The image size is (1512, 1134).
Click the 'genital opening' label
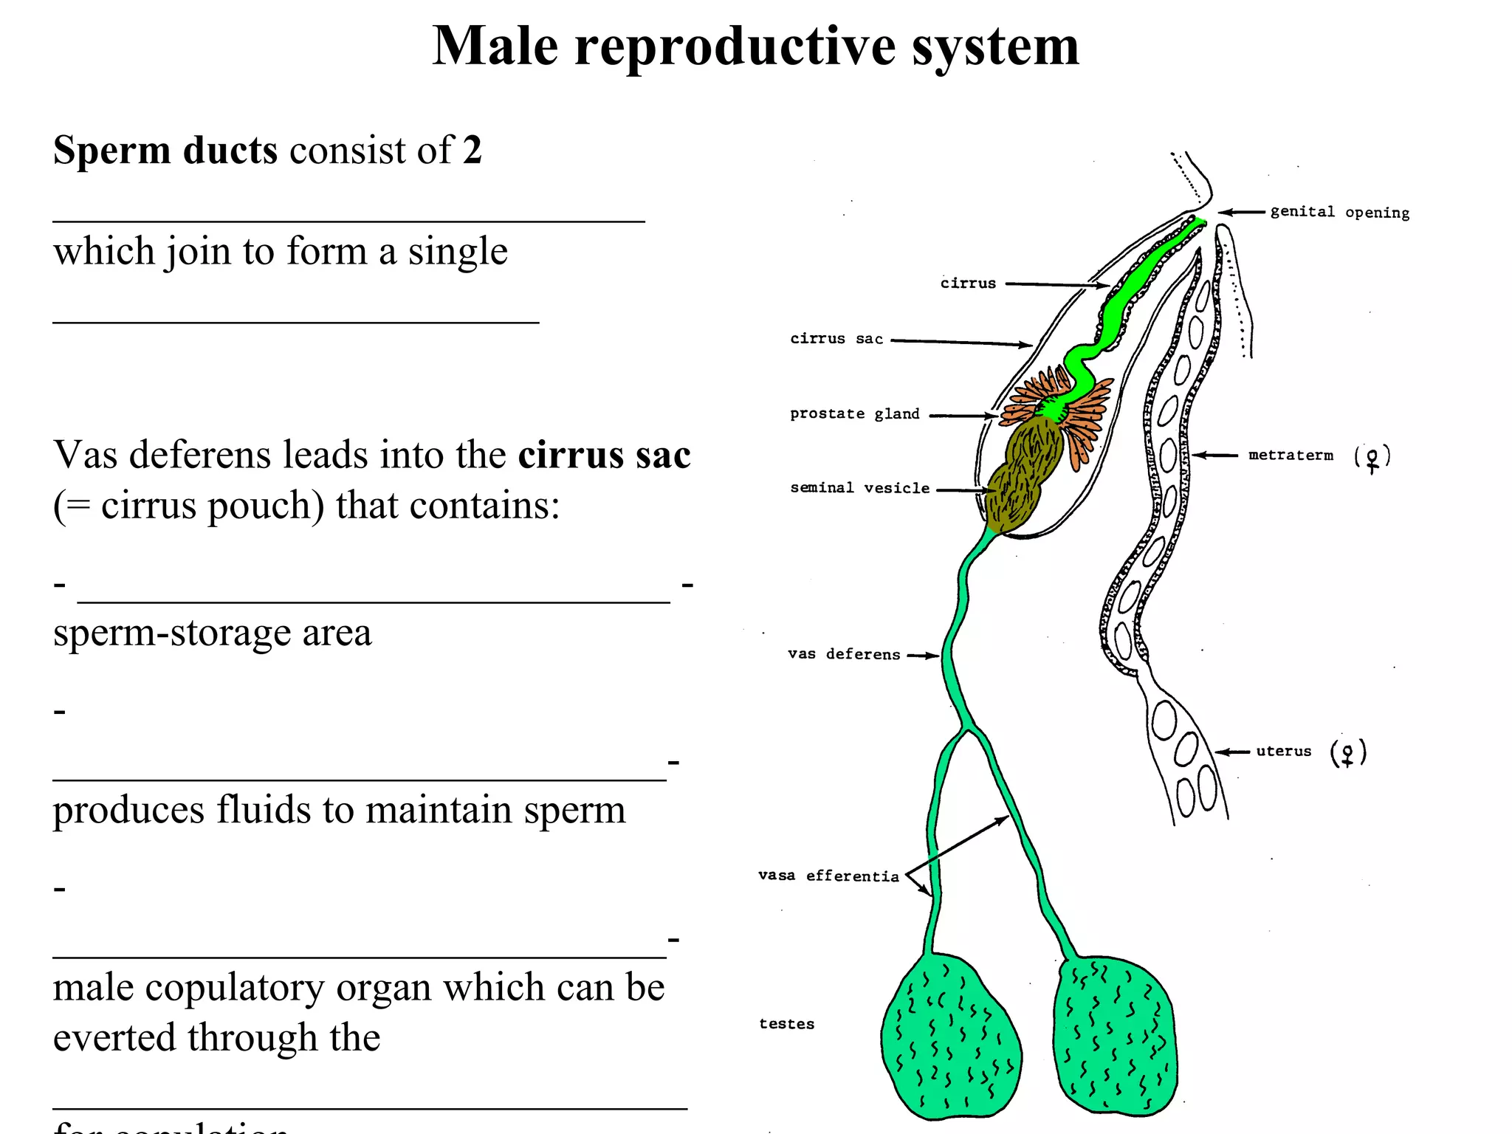pos(1339,213)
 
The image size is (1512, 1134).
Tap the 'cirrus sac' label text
pos(836,339)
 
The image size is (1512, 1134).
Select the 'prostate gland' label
pos(855,414)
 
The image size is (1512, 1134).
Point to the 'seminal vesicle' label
pos(859,488)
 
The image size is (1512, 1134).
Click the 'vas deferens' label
pos(844,654)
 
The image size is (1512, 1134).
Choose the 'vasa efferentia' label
pos(828,876)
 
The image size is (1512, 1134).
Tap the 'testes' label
pos(786,1024)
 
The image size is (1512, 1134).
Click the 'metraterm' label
pos(1291,456)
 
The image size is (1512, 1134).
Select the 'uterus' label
pos(1284,752)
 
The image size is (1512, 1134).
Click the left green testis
pos(951,1037)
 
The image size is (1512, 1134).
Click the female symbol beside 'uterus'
pos(1348,754)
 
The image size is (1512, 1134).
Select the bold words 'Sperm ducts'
pos(165,151)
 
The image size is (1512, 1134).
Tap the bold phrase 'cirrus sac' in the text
pos(604,455)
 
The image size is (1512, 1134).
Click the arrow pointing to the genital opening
pos(1242,213)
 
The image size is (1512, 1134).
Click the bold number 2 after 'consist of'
pos(472,151)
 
